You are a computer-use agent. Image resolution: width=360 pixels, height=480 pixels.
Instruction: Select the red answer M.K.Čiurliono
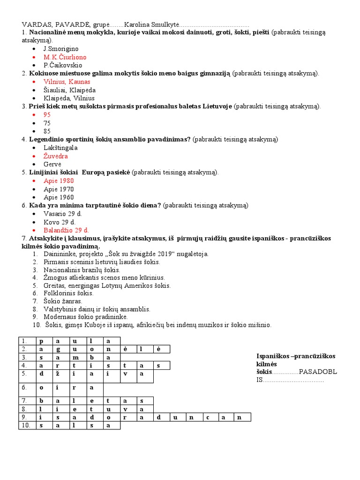65,57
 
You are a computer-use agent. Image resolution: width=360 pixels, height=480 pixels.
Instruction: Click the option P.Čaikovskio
64,65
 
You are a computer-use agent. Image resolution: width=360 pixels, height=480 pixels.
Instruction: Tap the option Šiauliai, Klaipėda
69,90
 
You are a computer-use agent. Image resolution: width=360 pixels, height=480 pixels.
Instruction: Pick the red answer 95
47,114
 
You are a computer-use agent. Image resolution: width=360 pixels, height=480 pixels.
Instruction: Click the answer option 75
47,123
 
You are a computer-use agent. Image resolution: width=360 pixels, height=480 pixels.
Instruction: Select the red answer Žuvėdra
56,156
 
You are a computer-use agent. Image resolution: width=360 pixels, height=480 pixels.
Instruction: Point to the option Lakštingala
60,148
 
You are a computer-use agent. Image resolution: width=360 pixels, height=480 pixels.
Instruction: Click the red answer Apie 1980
59,180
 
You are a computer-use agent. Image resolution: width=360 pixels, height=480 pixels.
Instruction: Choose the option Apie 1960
59,197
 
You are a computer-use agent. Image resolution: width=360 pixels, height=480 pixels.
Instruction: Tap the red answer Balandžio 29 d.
66,230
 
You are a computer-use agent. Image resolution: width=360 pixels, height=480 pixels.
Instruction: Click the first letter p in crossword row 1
41,341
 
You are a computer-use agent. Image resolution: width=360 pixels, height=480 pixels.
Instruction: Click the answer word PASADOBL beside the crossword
318,372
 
